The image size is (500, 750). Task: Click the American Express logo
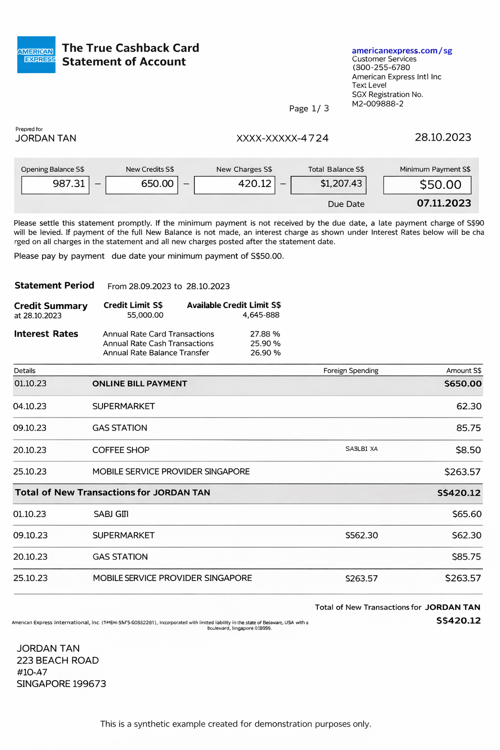tap(36, 55)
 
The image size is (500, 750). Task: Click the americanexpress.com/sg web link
tap(401, 51)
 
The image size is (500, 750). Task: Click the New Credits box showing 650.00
tap(142, 184)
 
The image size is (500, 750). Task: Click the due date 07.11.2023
tap(444, 203)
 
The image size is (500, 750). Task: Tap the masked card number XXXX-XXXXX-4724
tap(282, 138)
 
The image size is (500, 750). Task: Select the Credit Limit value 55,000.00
tap(145, 315)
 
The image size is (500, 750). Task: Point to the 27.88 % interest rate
tap(265, 334)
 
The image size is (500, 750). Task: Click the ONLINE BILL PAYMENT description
tap(140, 384)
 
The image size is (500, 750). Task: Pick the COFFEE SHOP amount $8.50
tap(468, 450)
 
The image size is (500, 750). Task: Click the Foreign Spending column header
tap(351, 371)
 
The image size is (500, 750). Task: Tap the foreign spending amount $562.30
tap(361, 535)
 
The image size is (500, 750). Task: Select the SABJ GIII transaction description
tap(111, 514)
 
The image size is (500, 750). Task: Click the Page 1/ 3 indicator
tap(309, 108)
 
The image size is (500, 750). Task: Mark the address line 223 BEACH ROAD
tap(58, 660)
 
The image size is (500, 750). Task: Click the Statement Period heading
tap(54, 286)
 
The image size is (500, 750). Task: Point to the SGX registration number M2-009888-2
tap(377, 104)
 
